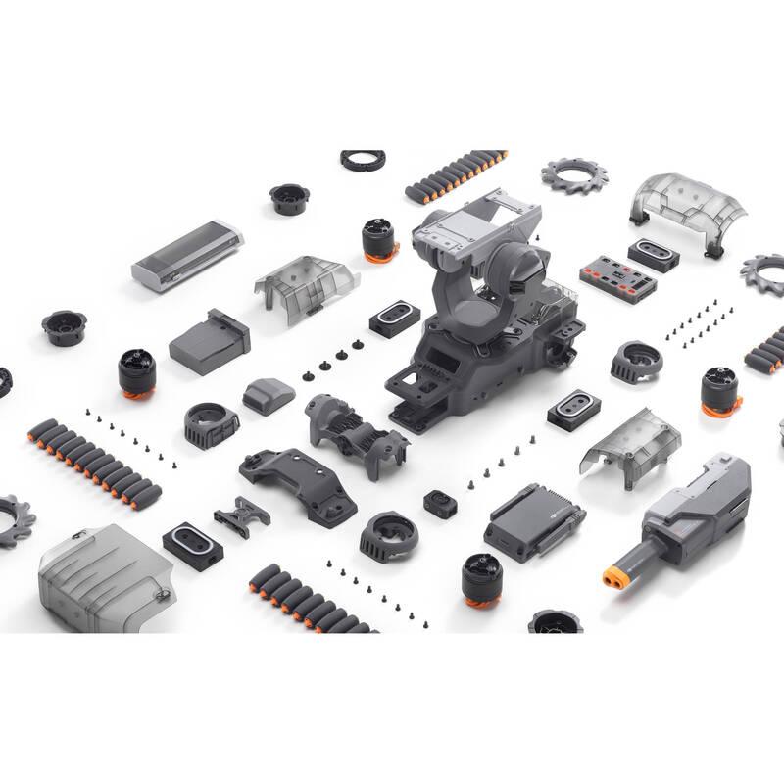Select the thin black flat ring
click(362, 159)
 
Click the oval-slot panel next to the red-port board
click(652, 252)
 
